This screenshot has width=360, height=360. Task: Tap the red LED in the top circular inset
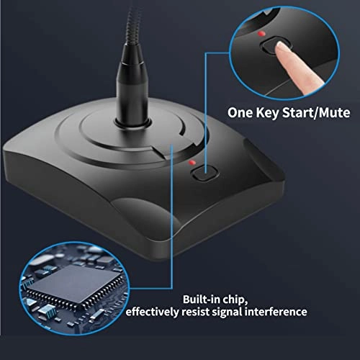(266, 35)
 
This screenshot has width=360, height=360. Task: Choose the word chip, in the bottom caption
(230, 300)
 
